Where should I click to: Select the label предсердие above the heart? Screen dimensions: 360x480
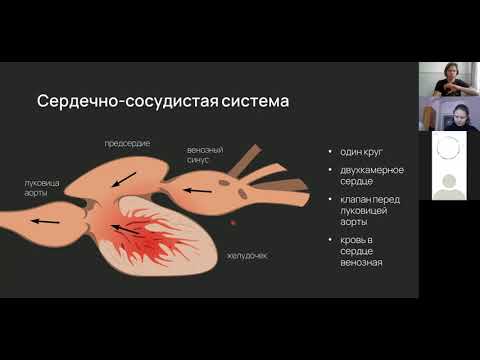(x=127, y=144)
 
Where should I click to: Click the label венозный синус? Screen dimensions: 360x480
(x=204, y=156)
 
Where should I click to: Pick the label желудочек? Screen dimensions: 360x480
(x=249, y=256)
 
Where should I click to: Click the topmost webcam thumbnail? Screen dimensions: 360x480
(x=448, y=79)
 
